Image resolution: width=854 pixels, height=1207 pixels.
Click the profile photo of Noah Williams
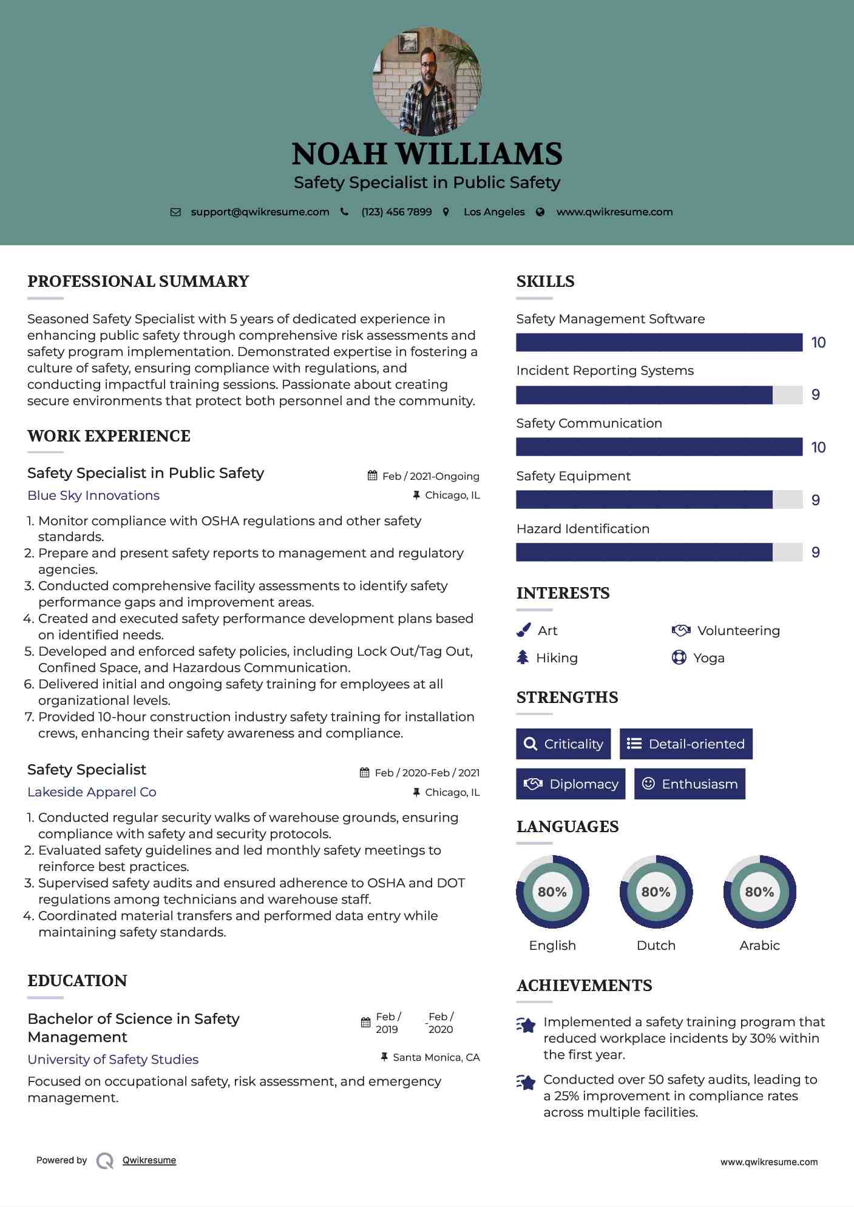427,81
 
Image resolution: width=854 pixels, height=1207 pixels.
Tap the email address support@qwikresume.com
260,212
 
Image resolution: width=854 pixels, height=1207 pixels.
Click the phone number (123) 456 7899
396,212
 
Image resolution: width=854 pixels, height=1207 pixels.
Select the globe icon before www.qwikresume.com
540,212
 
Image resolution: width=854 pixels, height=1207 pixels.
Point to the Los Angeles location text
494,212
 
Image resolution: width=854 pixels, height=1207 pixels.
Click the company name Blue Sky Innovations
93,496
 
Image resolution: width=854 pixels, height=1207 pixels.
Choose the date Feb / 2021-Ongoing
430,476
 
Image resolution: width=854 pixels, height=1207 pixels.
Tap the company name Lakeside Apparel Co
92,792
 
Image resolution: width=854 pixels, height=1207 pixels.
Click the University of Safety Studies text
113,1060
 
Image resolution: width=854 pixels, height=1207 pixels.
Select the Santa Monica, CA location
436,1058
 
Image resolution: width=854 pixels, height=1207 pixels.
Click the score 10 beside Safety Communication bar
818,448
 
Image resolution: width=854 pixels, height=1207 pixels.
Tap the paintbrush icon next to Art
523,631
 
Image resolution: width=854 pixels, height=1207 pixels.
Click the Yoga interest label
709,658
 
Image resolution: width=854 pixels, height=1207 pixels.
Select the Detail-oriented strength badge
686,744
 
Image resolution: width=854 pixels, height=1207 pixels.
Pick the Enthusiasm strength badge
690,784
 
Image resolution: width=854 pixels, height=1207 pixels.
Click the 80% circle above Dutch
656,892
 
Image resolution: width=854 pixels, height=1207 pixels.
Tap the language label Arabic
759,946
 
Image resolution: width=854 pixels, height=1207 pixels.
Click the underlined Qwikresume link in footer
149,1160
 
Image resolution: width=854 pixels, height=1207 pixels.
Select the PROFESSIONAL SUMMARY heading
138,281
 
